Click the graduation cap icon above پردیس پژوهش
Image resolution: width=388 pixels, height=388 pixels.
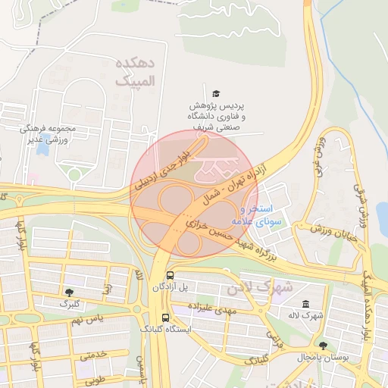(x=217, y=92)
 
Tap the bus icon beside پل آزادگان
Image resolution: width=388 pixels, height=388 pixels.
(x=168, y=276)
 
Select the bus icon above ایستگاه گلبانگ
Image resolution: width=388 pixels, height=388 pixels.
(x=165, y=318)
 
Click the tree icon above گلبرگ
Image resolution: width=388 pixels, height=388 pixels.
(x=70, y=292)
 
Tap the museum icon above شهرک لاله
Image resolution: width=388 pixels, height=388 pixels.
(x=305, y=304)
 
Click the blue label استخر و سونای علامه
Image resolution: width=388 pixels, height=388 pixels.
(x=255, y=214)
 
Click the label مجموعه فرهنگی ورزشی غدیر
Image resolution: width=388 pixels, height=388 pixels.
(x=47, y=134)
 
